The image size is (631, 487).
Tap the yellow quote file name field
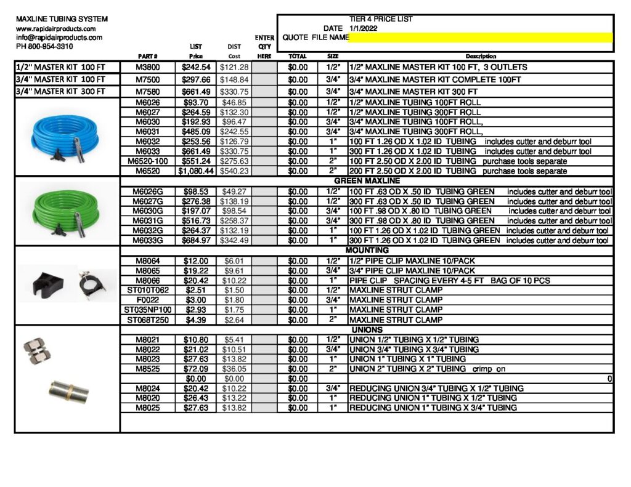(x=481, y=38)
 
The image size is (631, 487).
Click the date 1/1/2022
(x=364, y=28)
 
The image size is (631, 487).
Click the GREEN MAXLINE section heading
(x=367, y=182)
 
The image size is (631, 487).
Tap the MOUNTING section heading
(x=367, y=251)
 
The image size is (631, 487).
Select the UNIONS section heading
(x=367, y=330)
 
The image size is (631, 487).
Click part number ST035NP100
(x=148, y=310)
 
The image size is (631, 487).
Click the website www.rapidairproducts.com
(x=55, y=29)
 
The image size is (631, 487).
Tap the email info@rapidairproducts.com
(x=59, y=38)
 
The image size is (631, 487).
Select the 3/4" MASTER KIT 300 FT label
(x=61, y=92)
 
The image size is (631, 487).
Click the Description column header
(x=481, y=57)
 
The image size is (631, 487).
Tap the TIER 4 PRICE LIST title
(x=381, y=19)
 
